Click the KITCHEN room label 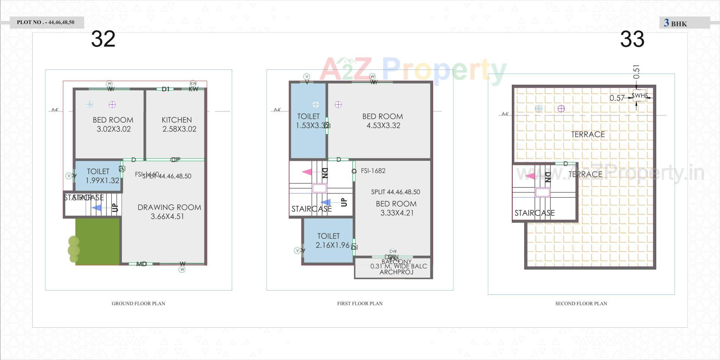click(x=177, y=120)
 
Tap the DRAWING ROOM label click(x=169, y=207)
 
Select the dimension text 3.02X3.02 click(x=114, y=129)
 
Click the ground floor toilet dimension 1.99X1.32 click(x=102, y=180)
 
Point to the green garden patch click(x=97, y=241)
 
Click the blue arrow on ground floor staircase click(x=97, y=207)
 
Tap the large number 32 click(x=103, y=39)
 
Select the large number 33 click(x=632, y=39)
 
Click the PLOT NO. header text click(x=45, y=22)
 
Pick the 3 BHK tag click(x=675, y=23)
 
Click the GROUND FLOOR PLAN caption click(x=138, y=303)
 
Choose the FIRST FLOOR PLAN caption click(x=360, y=303)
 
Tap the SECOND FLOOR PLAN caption click(x=581, y=303)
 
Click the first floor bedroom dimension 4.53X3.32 click(x=383, y=126)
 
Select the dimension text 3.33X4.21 click(x=397, y=213)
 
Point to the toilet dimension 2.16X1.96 click(x=332, y=245)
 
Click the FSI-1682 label click(x=373, y=171)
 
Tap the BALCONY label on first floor click(x=396, y=262)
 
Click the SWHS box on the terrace click(x=639, y=96)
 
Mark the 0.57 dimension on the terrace click(x=617, y=98)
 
